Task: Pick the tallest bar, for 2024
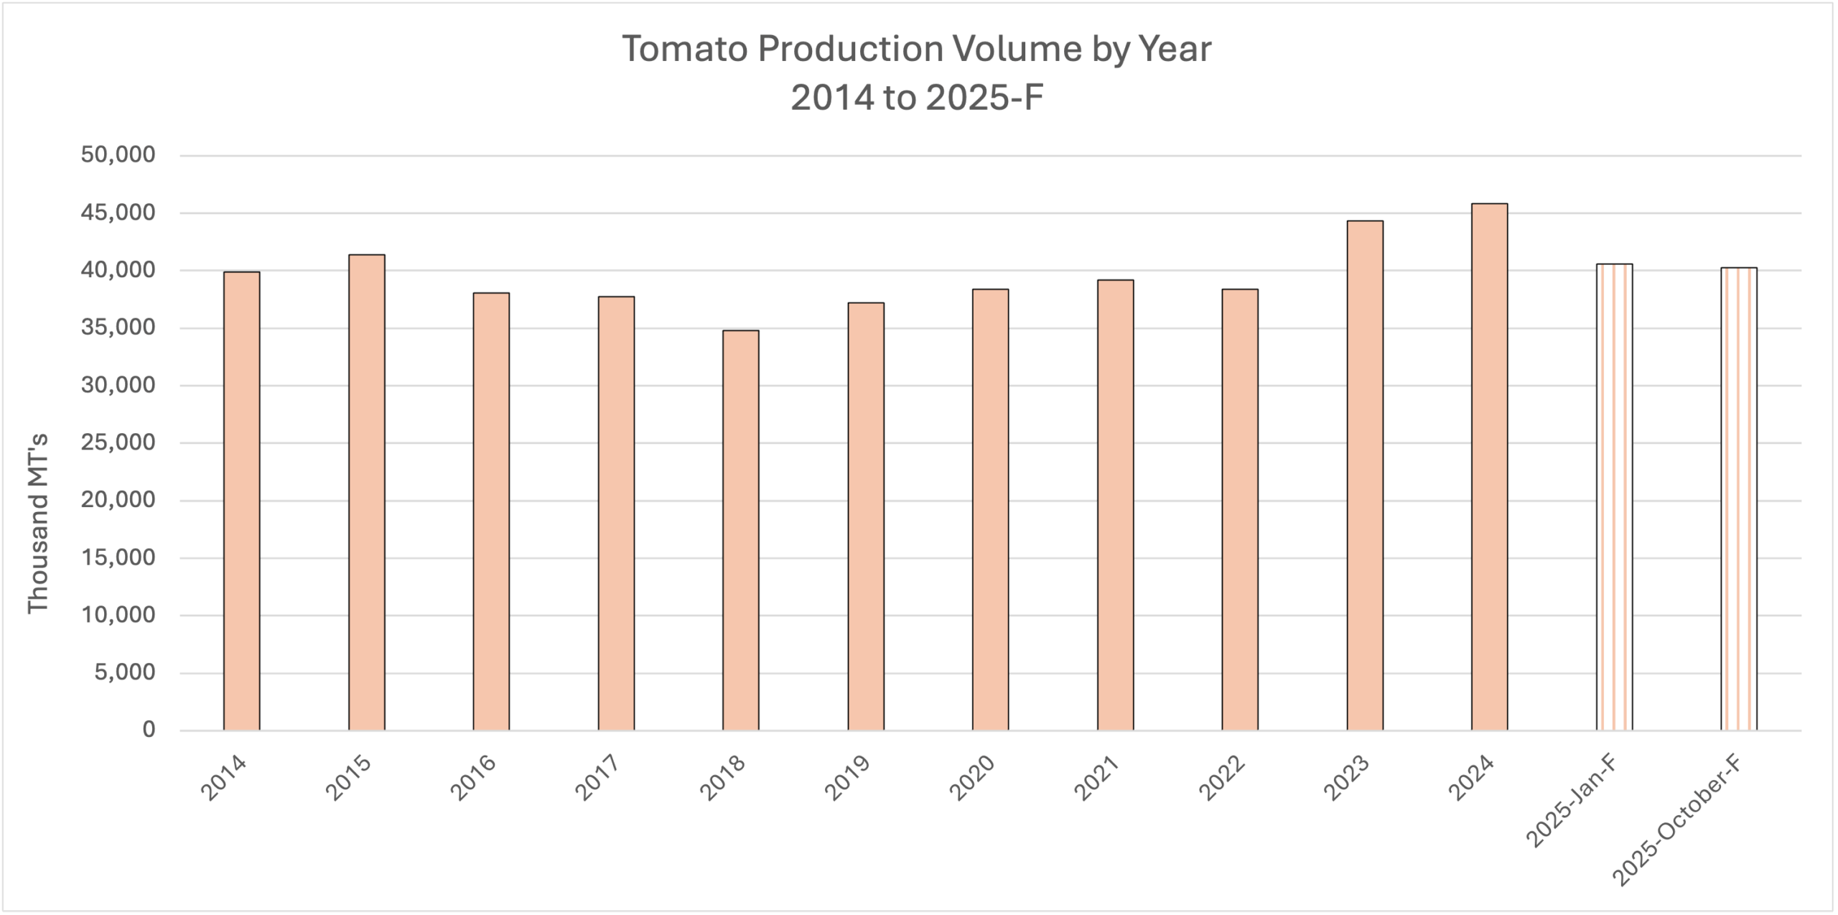1490,467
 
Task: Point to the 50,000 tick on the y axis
118,155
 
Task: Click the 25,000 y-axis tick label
118,443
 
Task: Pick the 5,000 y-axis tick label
125,673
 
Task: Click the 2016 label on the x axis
472,777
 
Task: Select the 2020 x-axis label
971,777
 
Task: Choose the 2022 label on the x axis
1221,777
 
